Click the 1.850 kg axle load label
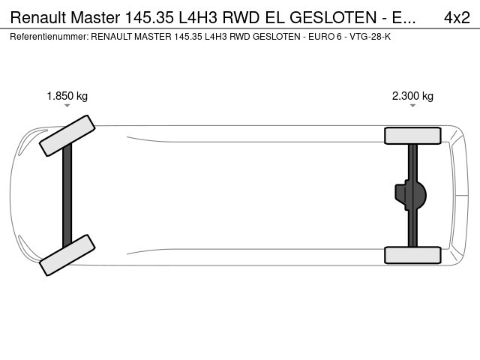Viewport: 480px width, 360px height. [x=67, y=96]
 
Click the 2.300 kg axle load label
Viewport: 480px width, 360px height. [x=412, y=96]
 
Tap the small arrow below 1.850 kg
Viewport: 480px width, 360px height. [x=67, y=106]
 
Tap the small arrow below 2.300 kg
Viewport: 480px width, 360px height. [x=412, y=106]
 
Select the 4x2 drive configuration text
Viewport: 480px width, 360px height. [x=457, y=18]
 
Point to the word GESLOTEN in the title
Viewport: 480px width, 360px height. [x=333, y=18]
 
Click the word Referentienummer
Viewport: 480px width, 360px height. [x=49, y=37]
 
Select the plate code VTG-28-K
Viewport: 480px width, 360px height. [x=370, y=37]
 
